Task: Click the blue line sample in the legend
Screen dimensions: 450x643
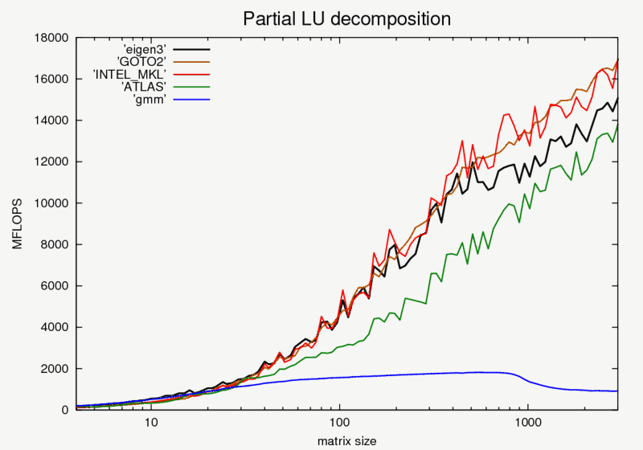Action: (192, 99)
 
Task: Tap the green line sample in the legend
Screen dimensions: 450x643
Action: (192, 86)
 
